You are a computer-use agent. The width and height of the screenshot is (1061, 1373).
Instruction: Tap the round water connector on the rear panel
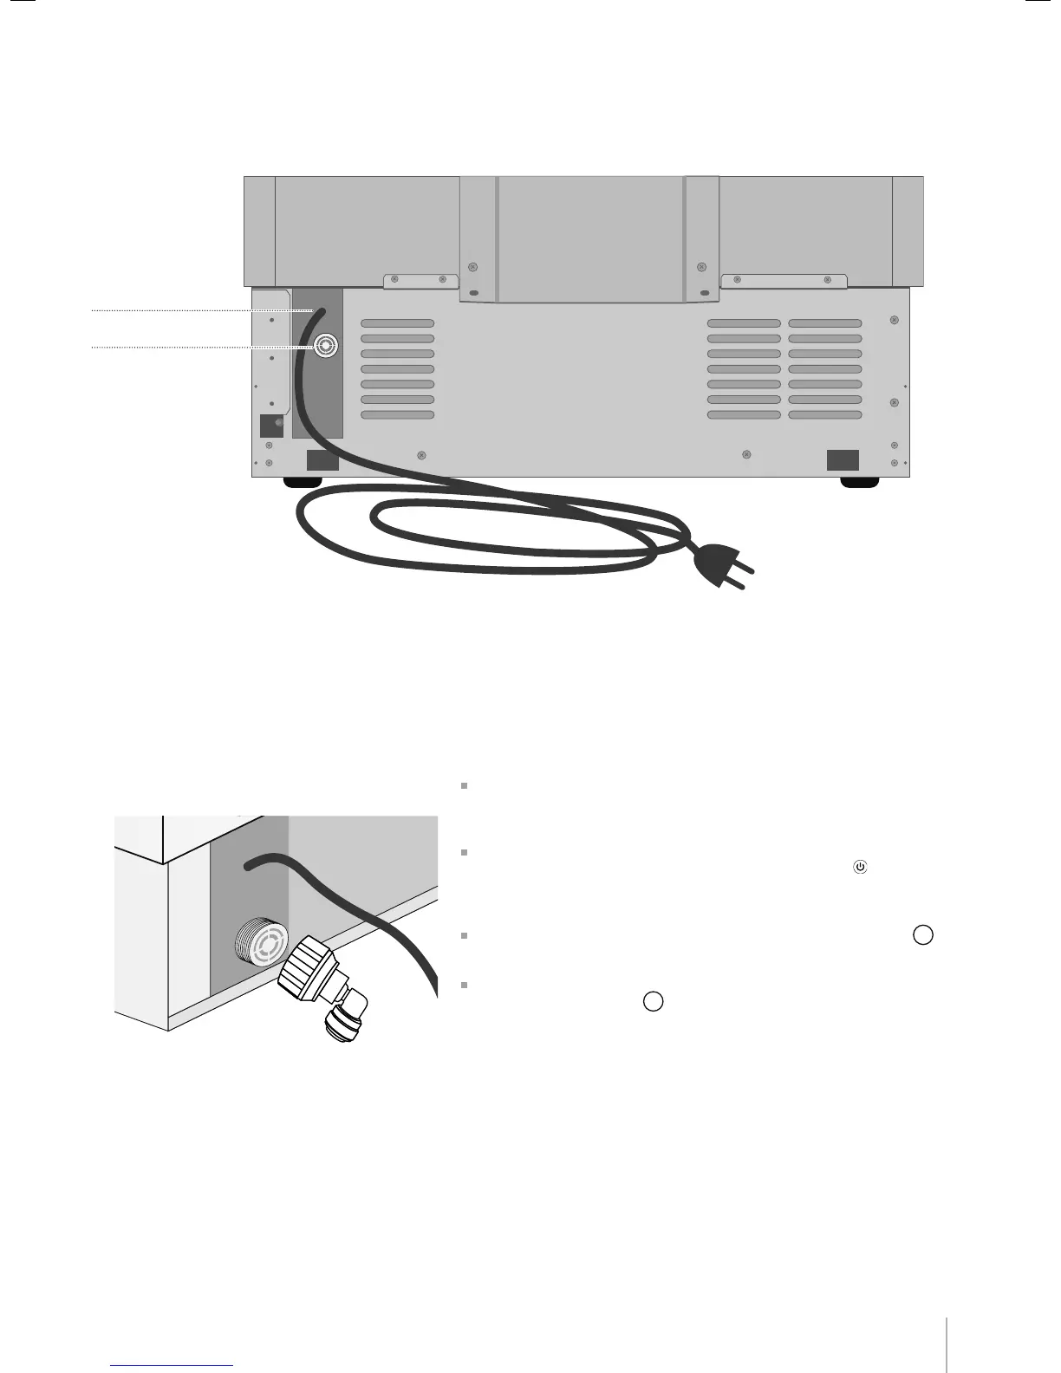point(324,347)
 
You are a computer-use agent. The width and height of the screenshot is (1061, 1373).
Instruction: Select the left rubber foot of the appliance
point(303,483)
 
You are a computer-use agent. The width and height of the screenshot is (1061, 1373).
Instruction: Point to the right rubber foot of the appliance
point(860,483)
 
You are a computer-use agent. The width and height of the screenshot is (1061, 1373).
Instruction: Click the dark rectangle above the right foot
point(842,460)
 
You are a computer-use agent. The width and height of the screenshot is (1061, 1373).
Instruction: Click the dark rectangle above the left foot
point(322,460)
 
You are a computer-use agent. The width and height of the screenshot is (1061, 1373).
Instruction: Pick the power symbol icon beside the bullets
point(860,866)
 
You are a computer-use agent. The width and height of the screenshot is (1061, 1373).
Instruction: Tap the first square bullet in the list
point(465,786)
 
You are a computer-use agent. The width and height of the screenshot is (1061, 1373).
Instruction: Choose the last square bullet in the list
point(465,986)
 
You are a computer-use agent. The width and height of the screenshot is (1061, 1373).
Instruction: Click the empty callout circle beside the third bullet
point(923,935)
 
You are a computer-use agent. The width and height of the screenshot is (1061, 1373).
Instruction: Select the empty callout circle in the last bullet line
point(654,1001)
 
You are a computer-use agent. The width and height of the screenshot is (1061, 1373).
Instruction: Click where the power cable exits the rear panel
point(321,309)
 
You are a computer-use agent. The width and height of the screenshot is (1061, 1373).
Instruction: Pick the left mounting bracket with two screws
point(420,281)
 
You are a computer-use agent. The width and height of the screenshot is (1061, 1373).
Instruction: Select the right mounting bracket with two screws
point(784,281)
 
